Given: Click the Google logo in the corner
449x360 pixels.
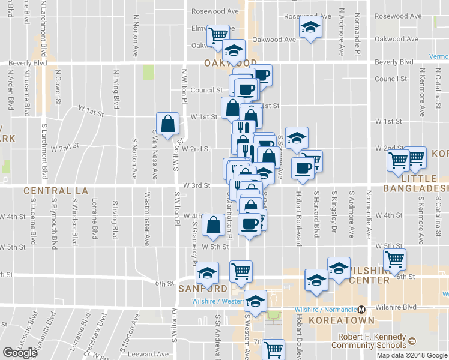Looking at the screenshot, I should click(x=19, y=353).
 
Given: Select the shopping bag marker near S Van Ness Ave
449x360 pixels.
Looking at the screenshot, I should click(x=169, y=124).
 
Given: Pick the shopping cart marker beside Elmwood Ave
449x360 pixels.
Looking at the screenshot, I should click(x=218, y=35).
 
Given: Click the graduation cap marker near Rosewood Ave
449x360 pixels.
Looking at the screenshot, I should click(x=310, y=27).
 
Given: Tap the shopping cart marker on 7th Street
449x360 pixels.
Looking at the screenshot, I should click(x=274, y=349).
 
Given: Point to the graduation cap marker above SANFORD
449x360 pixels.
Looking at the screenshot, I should click(x=208, y=274).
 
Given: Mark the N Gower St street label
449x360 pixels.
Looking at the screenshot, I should click(x=59, y=89).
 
